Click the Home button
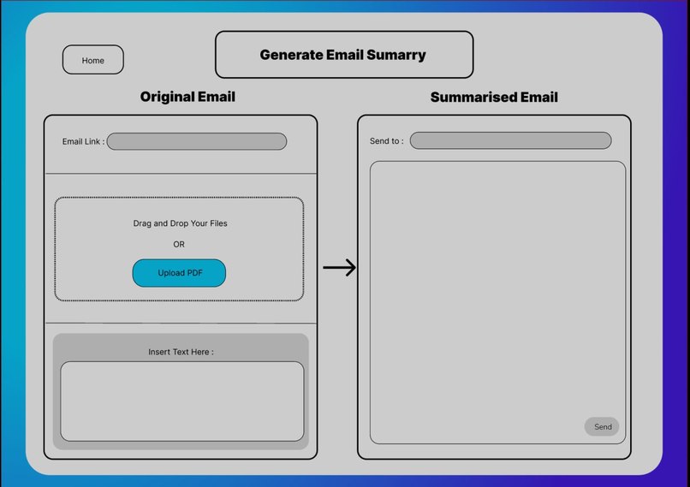point(93,60)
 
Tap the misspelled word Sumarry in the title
point(396,55)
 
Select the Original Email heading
point(187,97)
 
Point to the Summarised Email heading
point(494,98)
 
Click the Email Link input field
point(196,141)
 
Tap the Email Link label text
point(83,142)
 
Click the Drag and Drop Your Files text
point(180,223)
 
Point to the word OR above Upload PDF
point(179,245)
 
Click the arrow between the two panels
point(339,268)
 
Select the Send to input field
point(510,140)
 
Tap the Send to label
point(386,141)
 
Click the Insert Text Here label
point(181,352)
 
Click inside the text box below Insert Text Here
point(181,401)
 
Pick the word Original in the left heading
point(167,97)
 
